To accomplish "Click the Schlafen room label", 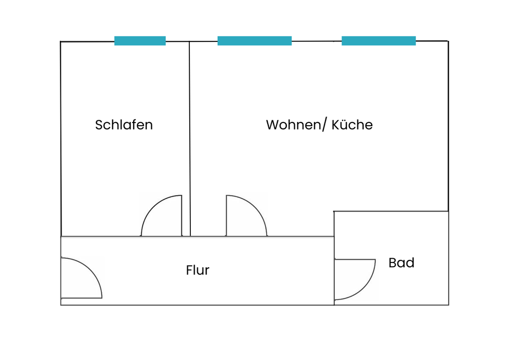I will [x=124, y=125].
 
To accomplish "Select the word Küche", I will [x=352, y=125].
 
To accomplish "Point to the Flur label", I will [x=197, y=270].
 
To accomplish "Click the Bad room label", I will [x=401, y=263].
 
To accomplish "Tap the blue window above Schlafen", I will [x=140, y=41].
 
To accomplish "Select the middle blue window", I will [x=254, y=41].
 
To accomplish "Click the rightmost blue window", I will [x=379, y=41].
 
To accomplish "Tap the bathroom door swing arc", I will [x=355, y=279].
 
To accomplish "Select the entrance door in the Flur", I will [x=81, y=278].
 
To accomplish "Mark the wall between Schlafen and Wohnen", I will [x=190, y=138].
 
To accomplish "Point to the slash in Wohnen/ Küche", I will [x=324, y=125].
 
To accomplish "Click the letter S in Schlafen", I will [x=99, y=125].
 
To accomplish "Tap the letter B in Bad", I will [x=392, y=263].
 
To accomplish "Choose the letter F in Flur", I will [x=189, y=270].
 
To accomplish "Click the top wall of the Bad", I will [x=391, y=211].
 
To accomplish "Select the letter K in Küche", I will [x=336, y=125].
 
